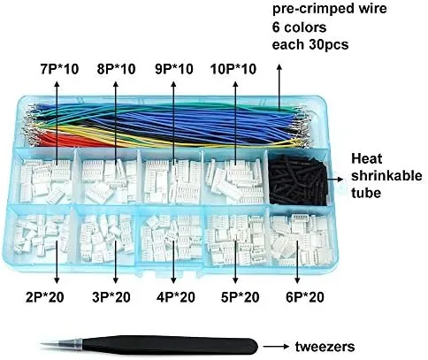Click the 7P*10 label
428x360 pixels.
[59, 69]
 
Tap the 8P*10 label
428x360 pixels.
[116, 69]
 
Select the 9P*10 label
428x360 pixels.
[174, 69]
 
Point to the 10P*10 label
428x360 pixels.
[233, 69]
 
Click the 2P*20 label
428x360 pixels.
[45, 297]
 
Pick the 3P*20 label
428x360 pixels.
[111, 297]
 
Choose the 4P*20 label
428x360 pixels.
[176, 297]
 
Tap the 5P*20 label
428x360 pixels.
[241, 297]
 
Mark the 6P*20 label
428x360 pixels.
[305, 297]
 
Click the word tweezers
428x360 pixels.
[325, 347]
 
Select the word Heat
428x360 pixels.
[367, 158]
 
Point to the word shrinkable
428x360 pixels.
[386, 176]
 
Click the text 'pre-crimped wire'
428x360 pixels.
[329, 9]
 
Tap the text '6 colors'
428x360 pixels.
[299, 27]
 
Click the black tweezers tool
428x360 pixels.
[149, 345]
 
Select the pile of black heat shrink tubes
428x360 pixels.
[298, 180]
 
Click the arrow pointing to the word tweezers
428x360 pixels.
[276, 347]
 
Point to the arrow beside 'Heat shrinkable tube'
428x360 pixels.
[335, 179]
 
